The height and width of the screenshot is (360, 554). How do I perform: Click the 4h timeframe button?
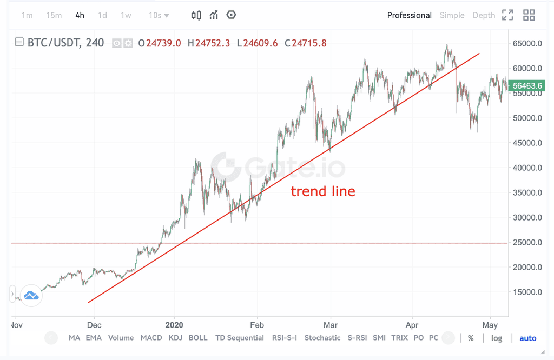click(x=80, y=15)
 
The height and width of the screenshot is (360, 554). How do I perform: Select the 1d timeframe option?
click(x=102, y=15)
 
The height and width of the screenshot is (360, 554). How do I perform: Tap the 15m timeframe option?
click(x=54, y=15)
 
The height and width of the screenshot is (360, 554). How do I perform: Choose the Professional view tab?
click(x=409, y=15)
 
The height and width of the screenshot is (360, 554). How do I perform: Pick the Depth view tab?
click(x=484, y=15)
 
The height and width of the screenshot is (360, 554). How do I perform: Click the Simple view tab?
click(x=452, y=15)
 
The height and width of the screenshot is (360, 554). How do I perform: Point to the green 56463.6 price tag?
click(x=528, y=85)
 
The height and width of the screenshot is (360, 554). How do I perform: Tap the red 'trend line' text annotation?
click(x=323, y=191)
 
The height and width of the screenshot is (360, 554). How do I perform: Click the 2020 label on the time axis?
click(x=174, y=325)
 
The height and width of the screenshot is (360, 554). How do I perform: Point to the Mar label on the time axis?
click(x=330, y=325)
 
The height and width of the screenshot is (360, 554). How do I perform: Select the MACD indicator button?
click(x=151, y=338)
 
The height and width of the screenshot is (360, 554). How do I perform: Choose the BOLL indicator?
click(x=197, y=338)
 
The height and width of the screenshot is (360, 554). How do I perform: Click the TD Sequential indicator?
click(x=239, y=338)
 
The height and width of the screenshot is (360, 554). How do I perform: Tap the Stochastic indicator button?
click(x=322, y=338)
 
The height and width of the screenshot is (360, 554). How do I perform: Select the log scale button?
click(x=496, y=338)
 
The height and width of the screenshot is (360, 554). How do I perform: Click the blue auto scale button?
click(x=527, y=338)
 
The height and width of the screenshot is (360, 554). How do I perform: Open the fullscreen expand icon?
click(x=507, y=15)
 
